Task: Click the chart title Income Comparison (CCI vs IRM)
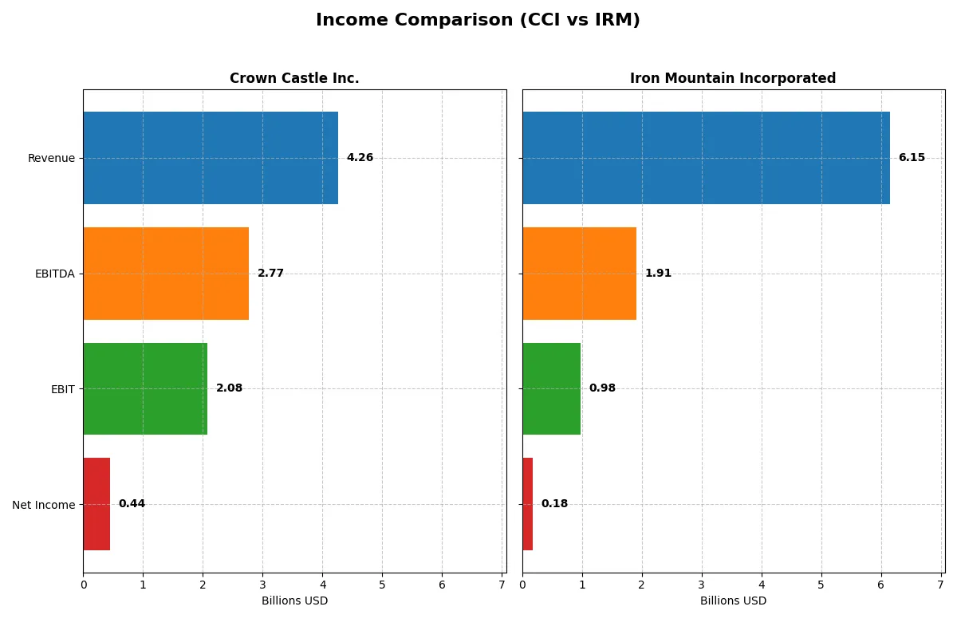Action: [x=478, y=21]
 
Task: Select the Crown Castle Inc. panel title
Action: [x=294, y=78]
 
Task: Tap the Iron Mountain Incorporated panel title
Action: [x=733, y=78]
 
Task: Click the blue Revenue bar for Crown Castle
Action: [x=211, y=158]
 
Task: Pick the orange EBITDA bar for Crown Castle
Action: [x=166, y=274]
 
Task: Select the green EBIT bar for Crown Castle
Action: [x=145, y=388]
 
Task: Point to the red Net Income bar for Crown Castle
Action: [x=96, y=504]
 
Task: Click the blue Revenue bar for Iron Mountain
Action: [x=706, y=158]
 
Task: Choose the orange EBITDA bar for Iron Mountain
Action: [x=579, y=274]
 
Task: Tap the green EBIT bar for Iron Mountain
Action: [x=551, y=388]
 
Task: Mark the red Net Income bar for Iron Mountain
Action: [x=528, y=504]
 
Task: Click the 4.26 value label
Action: [x=360, y=158]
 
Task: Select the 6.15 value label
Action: [x=912, y=158]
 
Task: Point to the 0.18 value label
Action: [x=554, y=504]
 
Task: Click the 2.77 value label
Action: [x=270, y=274]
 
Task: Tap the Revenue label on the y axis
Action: [x=51, y=158]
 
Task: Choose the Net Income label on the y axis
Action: [x=44, y=505]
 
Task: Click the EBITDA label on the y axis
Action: [x=55, y=274]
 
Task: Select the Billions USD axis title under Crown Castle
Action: [x=294, y=601]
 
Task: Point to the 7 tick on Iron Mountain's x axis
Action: [x=941, y=585]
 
